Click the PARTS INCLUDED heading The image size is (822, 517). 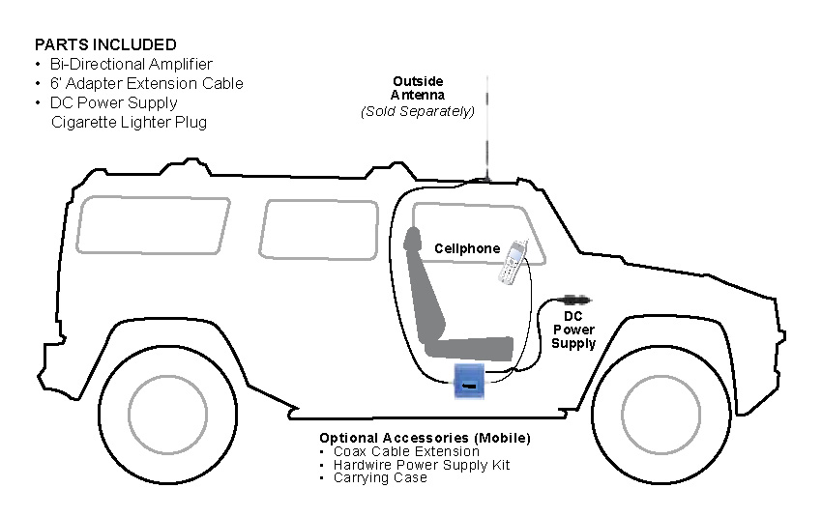(x=105, y=44)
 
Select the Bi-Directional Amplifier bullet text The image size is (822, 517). (x=132, y=64)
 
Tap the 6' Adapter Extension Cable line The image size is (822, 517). (x=146, y=83)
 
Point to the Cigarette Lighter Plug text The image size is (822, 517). (x=129, y=122)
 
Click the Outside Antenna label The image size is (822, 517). (x=418, y=88)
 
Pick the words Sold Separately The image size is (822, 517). (x=418, y=111)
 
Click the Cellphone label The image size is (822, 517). (x=467, y=248)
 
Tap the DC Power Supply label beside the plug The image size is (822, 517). (x=573, y=330)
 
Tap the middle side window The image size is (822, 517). (x=318, y=230)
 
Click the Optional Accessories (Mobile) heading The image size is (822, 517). (x=425, y=438)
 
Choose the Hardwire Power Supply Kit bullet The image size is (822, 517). (x=421, y=465)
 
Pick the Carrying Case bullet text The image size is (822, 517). (x=379, y=477)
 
